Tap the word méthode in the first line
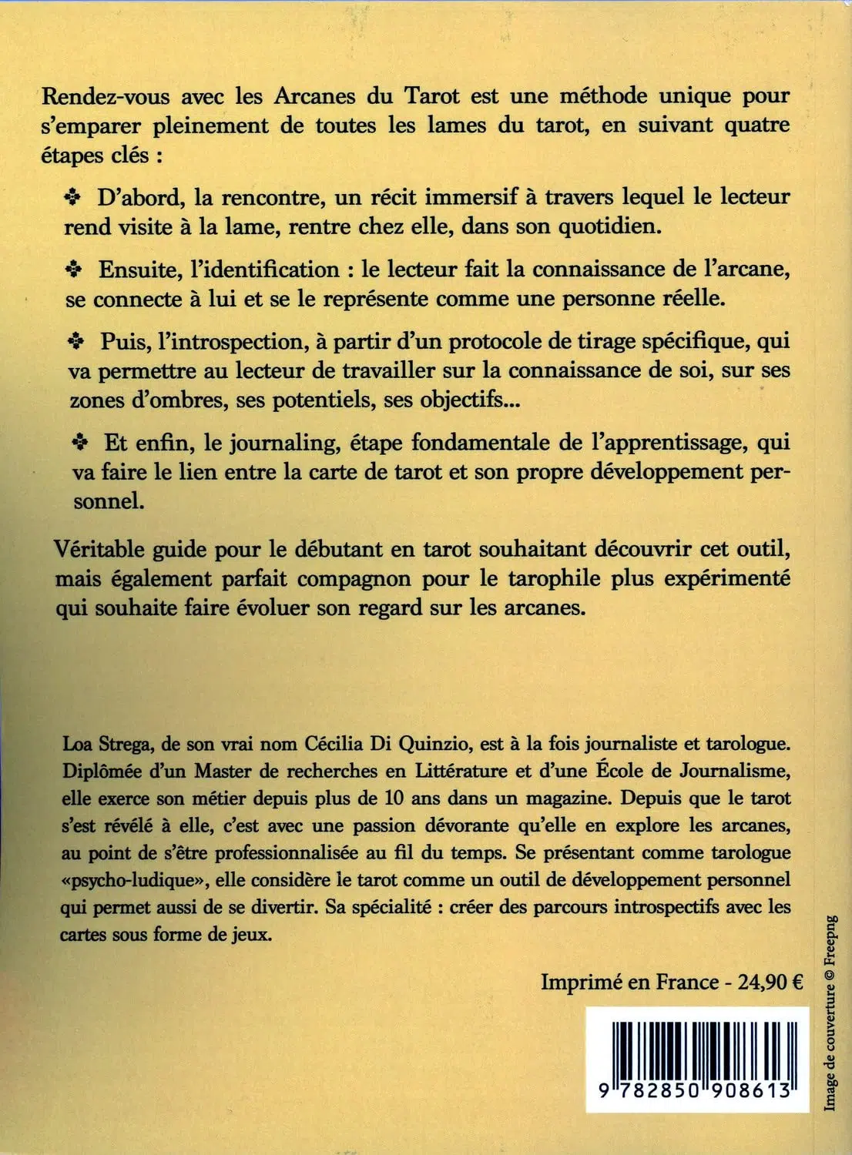(x=602, y=96)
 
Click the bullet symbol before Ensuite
(x=74, y=269)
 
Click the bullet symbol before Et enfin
(x=79, y=443)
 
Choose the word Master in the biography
(x=222, y=771)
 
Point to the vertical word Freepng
(x=830, y=940)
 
